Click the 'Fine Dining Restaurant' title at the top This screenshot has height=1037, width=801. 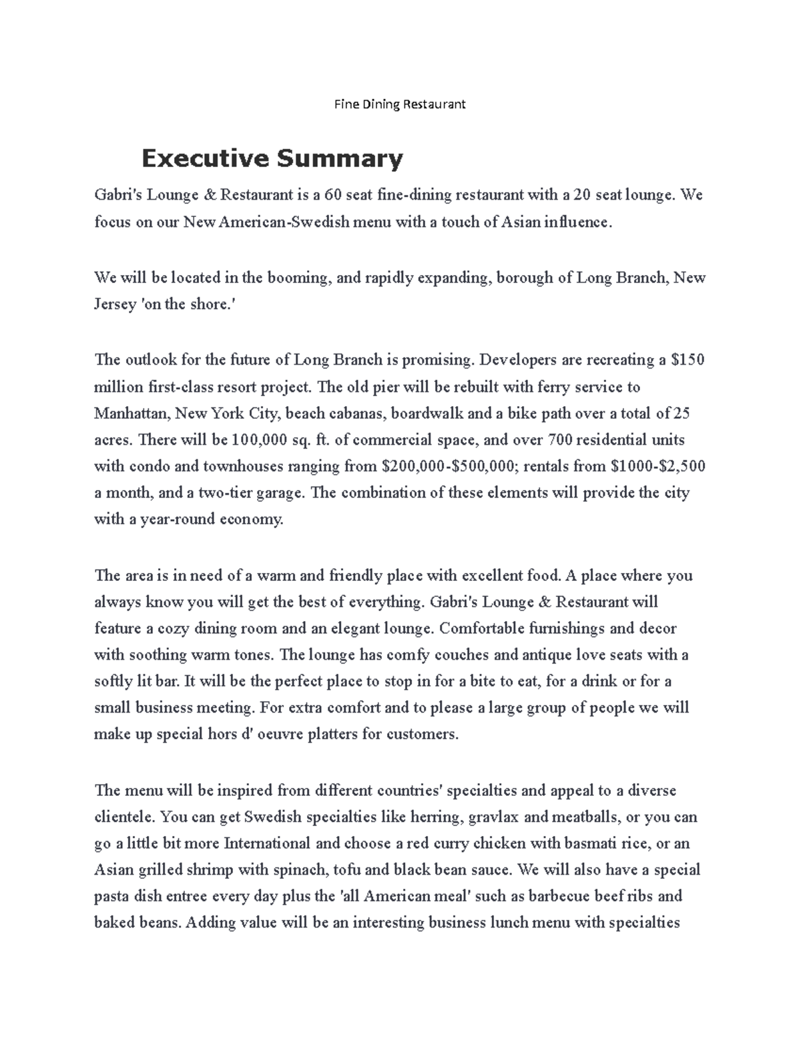400,104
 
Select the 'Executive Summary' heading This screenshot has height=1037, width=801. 272,159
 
